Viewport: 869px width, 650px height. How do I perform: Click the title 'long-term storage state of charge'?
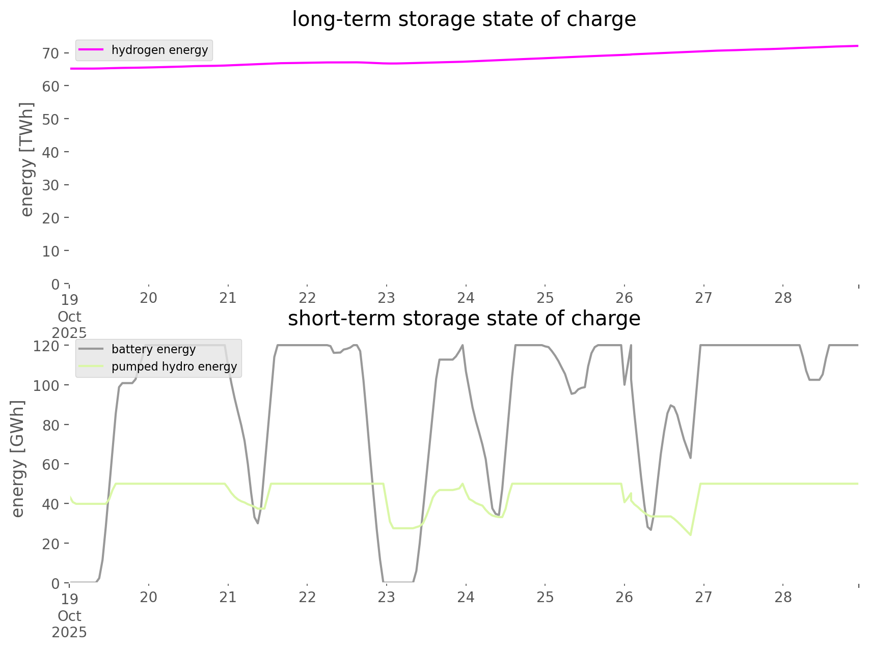464,19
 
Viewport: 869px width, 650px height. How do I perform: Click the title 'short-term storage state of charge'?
464,319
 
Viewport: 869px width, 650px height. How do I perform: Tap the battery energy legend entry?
153,349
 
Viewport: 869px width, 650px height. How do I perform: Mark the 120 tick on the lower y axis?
46,346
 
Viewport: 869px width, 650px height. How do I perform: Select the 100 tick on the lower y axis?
46,385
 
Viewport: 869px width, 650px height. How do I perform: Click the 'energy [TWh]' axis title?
27,159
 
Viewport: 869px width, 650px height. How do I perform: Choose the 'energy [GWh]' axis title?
18,459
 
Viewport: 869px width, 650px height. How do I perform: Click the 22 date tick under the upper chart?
307,298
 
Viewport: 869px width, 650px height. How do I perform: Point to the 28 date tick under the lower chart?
783,597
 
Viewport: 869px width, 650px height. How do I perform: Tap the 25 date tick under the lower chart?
545,597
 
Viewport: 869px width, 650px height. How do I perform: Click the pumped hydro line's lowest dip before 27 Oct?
690,535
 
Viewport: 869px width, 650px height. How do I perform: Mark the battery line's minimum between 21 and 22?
258,523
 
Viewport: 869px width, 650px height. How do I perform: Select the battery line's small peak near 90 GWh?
671,405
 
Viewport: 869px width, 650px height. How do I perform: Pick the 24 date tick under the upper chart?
466,298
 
